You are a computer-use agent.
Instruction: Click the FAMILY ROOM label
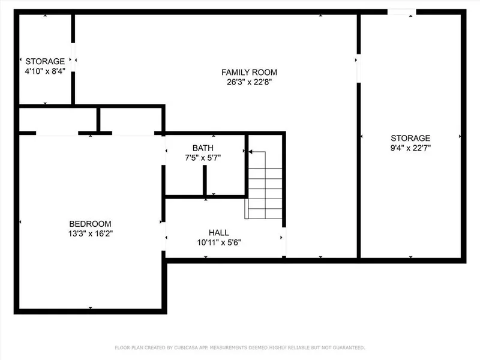249,72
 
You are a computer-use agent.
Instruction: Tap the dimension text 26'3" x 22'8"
249,82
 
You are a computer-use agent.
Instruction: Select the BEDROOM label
91,224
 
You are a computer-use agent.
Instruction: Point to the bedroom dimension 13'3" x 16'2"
91,233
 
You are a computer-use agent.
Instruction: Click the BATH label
203,148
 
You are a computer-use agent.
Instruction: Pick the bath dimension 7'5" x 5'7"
203,158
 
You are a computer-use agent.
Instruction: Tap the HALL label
219,233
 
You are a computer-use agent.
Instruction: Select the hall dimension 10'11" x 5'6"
219,242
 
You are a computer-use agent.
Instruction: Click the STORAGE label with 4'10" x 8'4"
45,61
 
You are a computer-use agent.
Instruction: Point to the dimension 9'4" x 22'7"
410,148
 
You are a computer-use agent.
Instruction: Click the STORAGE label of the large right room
410,138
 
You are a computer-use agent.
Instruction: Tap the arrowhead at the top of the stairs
250,152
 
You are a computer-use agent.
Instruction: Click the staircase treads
265,193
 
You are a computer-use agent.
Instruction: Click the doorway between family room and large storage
358,68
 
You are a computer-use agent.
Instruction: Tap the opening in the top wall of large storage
401,12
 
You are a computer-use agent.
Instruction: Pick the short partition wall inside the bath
205,180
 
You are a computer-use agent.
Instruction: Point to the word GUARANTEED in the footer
349,348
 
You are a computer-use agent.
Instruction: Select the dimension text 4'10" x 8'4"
45,71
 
